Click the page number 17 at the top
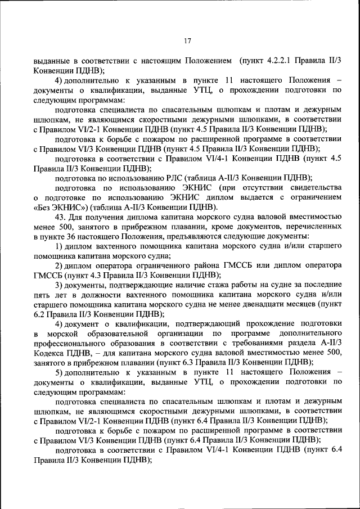point(187,40)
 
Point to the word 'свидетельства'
point(313,187)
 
